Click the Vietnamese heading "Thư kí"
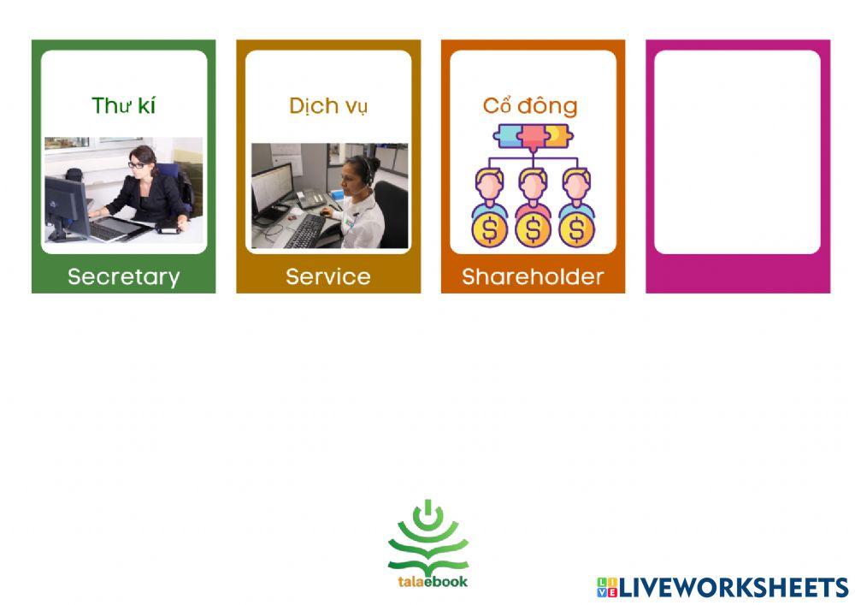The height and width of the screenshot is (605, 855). coord(124,105)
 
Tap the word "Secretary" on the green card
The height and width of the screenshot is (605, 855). coord(124,276)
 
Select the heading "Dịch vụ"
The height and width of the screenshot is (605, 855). coord(328,106)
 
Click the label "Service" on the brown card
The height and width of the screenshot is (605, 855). coord(328,276)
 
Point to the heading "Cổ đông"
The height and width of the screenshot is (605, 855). coord(530,106)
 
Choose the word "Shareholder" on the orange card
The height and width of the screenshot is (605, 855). coord(533,276)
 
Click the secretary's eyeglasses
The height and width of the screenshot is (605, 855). coord(136,164)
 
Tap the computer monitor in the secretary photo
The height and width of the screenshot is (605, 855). coord(67,209)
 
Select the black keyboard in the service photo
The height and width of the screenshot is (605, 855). coord(306,231)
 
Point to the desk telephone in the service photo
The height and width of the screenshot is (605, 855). coord(311,199)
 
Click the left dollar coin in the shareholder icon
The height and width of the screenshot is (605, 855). coord(490,229)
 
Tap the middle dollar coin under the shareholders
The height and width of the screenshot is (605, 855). coord(534,229)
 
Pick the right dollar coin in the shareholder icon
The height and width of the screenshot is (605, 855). coord(577,229)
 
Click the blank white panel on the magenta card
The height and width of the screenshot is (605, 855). coord(737,152)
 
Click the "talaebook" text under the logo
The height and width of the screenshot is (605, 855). coord(433,582)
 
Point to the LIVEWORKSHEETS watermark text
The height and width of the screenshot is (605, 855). coord(734,588)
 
